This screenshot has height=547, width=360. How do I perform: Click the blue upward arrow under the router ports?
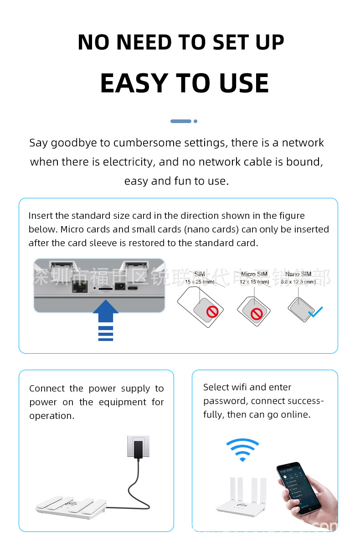pyautogui.click(x=106, y=315)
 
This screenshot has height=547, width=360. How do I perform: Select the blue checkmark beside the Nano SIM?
pyautogui.click(x=315, y=312)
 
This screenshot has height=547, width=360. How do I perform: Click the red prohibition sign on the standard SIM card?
pyautogui.click(x=212, y=312)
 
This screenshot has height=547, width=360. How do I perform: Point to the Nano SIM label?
pyautogui.click(x=298, y=274)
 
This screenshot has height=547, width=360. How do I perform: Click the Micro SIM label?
pyautogui.click(x=254, y=274)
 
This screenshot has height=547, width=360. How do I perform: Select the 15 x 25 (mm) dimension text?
pyautogui.click(x=200, y=282)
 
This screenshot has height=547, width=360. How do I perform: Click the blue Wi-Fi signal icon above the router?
pyautogui.click(x=242, y=449)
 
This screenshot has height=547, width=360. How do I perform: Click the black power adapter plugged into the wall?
pyautogui.click(x=138, y=448)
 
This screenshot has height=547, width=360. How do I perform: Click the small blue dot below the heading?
pyautogui.click(x=195, y=121)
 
